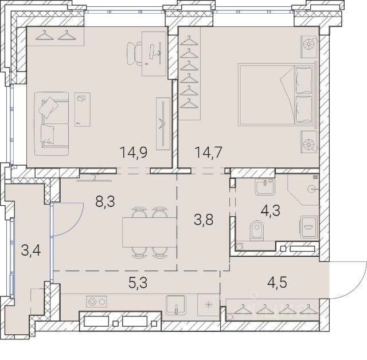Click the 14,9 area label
coord(133,152)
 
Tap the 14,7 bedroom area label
coord(208,152)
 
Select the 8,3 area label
coord(105,201)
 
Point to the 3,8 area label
coord(204,220)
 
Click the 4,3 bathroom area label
coord(270,210)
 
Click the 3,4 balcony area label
coord(30,250)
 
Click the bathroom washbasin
coord(264,187)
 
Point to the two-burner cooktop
coord(96,302)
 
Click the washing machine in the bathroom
coord(309,227)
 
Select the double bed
coord(277,94)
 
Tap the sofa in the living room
coord(52,123)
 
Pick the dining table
coord(149,232)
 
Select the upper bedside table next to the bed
coord(309,47)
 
